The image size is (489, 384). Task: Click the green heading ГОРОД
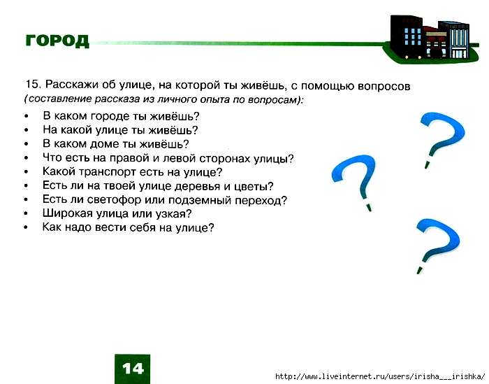point(57,41)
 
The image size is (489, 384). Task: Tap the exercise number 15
point(31,85)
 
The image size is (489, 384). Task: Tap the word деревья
point(197,186)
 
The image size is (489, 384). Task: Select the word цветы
point(252,186)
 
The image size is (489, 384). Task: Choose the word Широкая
point(69,213)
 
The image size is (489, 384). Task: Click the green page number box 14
point(132,368)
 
